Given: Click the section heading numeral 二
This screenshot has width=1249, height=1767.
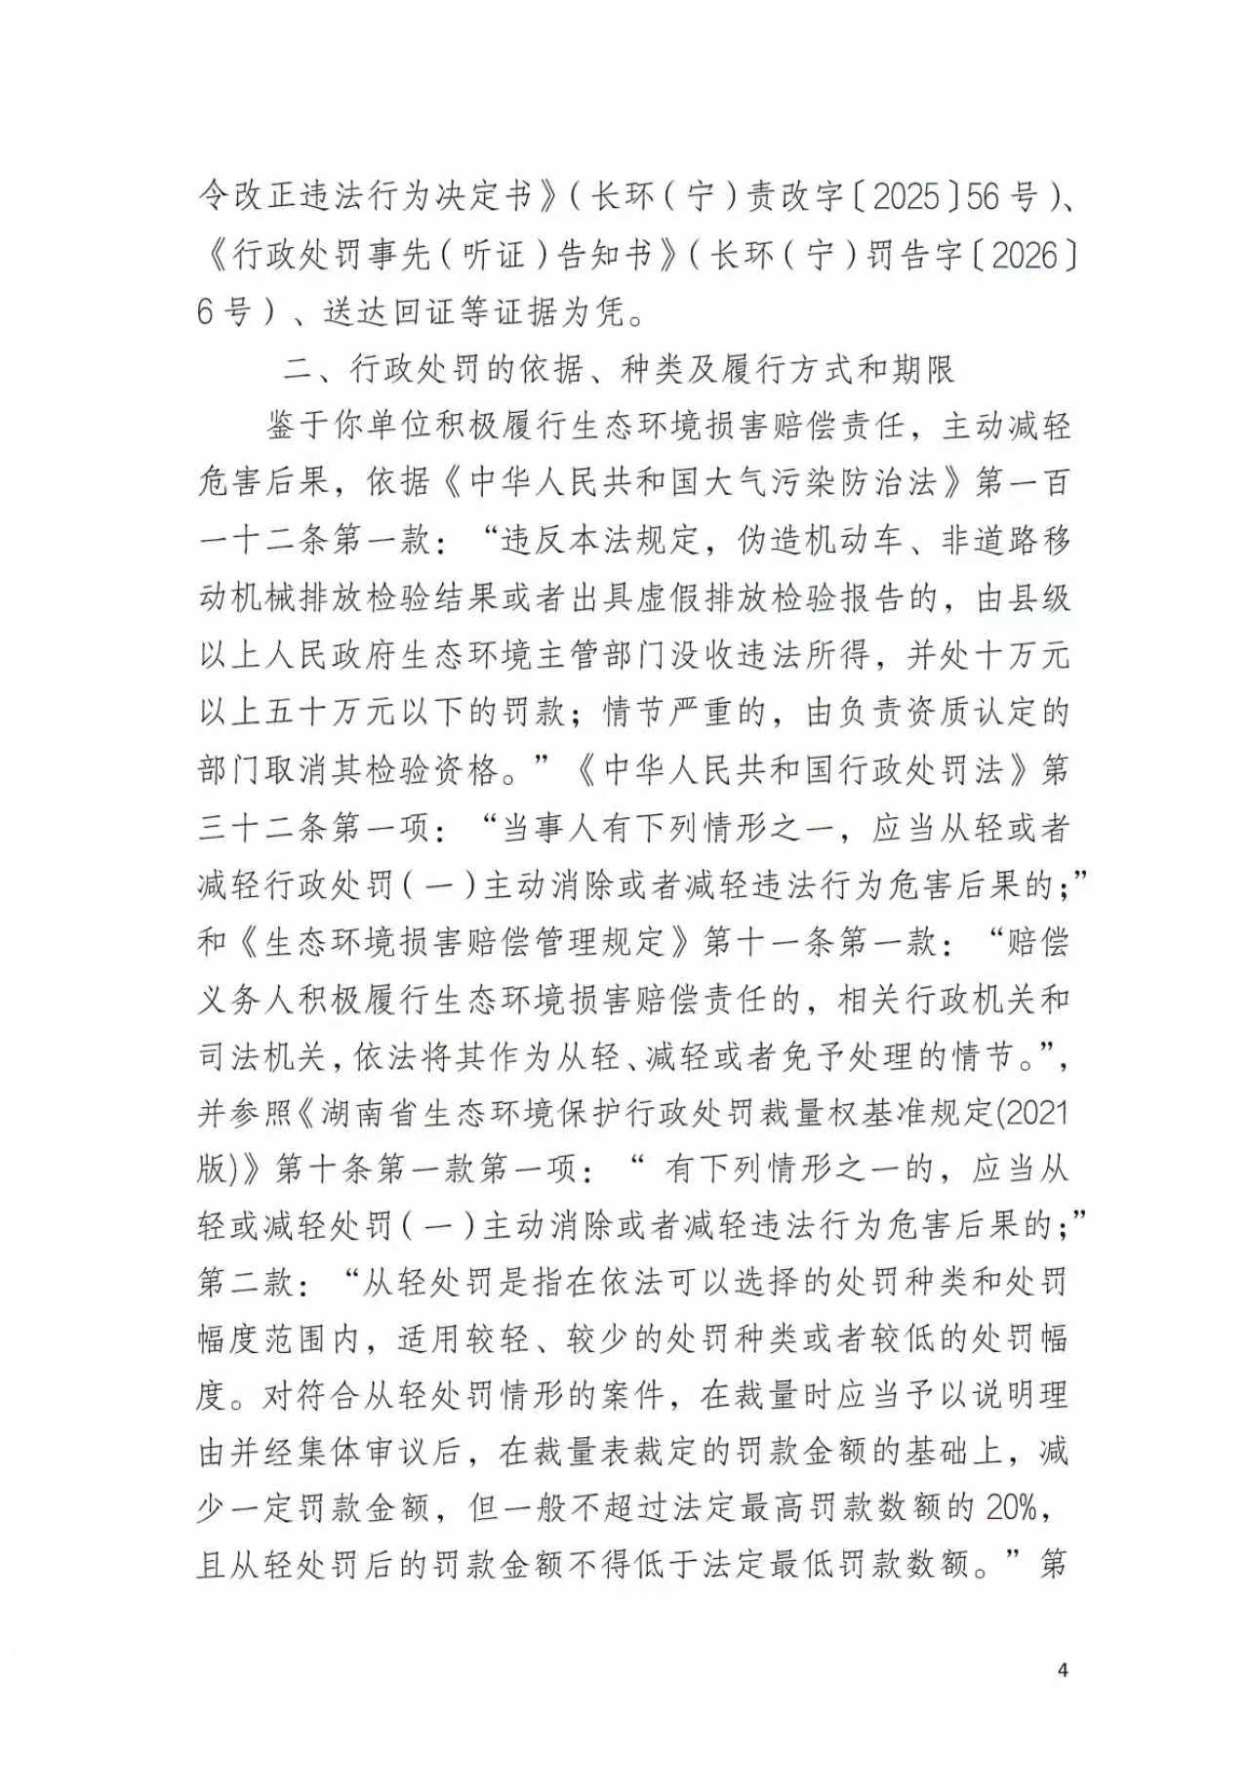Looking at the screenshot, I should [x=295, y=369].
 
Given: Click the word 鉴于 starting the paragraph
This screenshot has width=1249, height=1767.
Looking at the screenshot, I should [x=298, y=427].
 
